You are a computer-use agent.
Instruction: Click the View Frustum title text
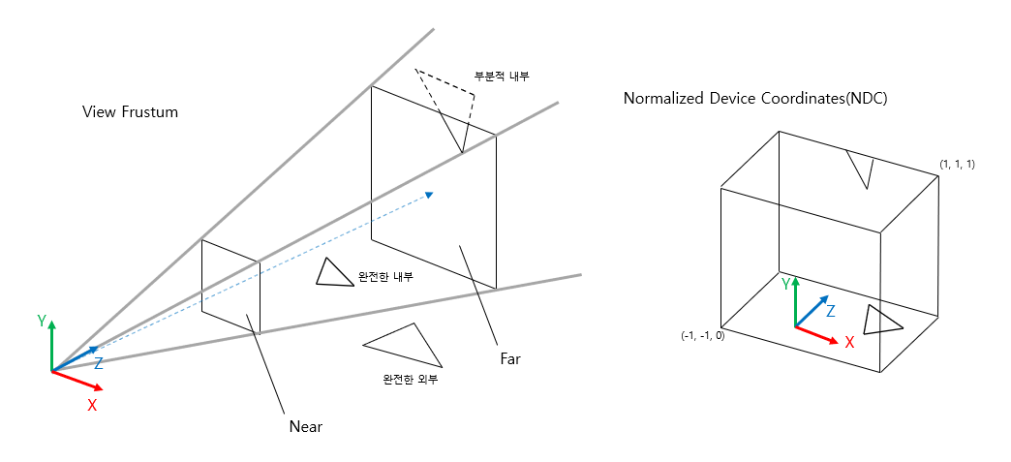(x=131, y=112)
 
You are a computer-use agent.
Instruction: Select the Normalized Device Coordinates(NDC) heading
(x=755, y=99)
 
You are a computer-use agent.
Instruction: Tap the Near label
(x=305, y=427)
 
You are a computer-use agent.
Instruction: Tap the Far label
(x=510, y=358)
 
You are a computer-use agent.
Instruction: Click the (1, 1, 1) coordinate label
(x=957, y=165)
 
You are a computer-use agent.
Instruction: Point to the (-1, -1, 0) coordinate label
(x=703, y=335)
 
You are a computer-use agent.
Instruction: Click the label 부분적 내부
(x=501, y=76)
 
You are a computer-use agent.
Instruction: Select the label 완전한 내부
(x=385, y=277)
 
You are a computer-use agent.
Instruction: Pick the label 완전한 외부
(x=411, y=379)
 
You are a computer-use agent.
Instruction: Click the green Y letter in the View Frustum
(x=42, y=321)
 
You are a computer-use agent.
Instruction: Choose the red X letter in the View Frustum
(x=92, y=405)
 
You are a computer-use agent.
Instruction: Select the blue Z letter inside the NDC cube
(x=830, y=311)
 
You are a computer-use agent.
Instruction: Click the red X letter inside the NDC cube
(x=849, y=342)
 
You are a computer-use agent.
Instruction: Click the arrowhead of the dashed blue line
(x=428, y=196)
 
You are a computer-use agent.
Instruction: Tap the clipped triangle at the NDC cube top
(x=860, y=167)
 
